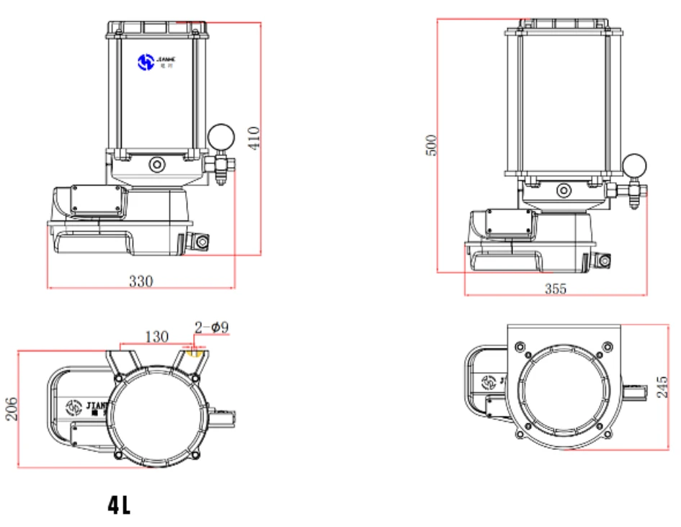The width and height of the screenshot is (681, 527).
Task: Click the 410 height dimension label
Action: click(x=254, y=138)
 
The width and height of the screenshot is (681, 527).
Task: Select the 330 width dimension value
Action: click(x=141, y=281)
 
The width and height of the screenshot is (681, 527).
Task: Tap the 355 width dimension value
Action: click(x=555, y=289)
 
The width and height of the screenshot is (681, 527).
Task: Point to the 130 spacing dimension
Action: click(x=157, y=336)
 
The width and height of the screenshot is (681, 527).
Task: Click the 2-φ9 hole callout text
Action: click(x=212, y=328)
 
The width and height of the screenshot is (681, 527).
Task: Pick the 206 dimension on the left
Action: click(x=10, y=409)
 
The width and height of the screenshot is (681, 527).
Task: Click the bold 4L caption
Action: click(x=119, y=506)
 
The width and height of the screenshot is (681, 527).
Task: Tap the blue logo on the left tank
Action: click(x=146, y=63)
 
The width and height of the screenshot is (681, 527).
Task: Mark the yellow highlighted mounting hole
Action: click(x=194, y=352)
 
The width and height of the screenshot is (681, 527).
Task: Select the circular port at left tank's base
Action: click(x=156, y=165)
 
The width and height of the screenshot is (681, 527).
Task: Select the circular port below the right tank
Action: click(x=563, y=190)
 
